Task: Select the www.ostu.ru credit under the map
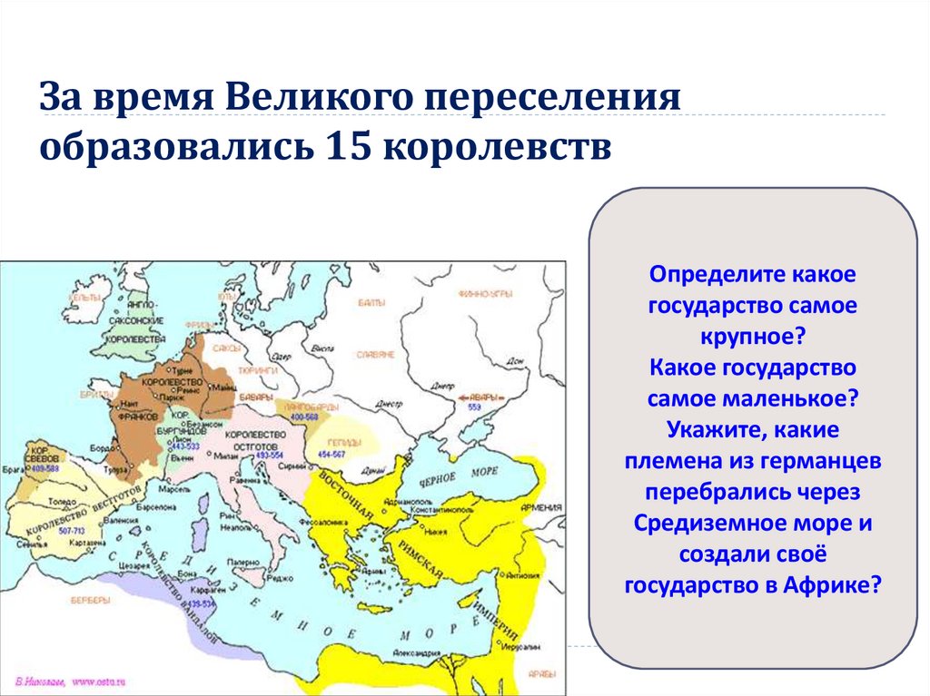coord(97,679)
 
